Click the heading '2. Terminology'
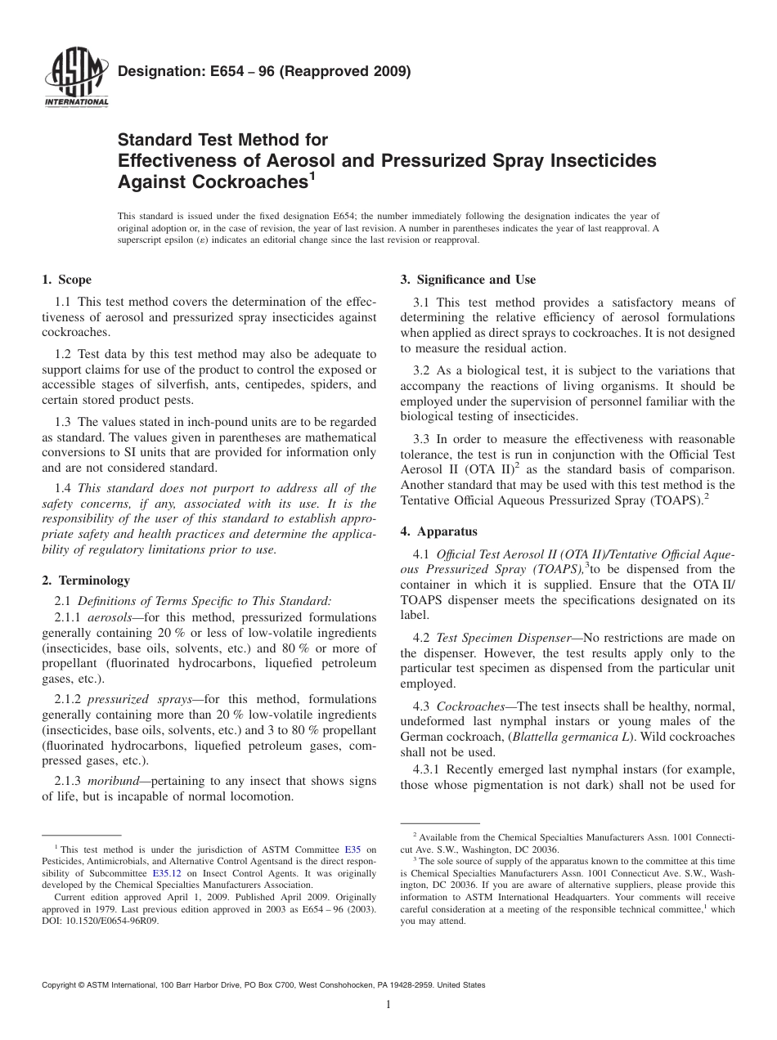coord(85,581)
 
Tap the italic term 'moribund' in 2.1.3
coord(115,781)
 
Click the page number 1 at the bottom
coord(388,1006)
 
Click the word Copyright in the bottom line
coord(62,985)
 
